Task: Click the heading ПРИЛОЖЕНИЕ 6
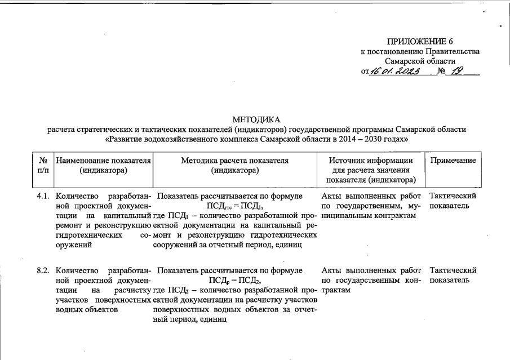tap(420, 42)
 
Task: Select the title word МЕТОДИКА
tap(256, 119)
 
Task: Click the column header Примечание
tap(453, 161)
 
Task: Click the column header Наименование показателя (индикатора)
tap(103, 165)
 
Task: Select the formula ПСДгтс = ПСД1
tap(234, 206)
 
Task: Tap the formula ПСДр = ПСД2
tap(234, 281)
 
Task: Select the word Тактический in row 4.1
tap(453, 196)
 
